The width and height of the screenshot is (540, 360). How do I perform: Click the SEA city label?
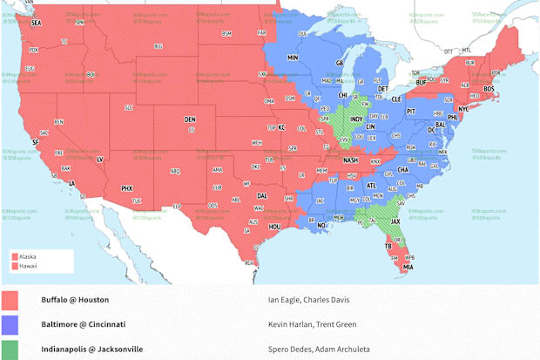click(36, 23)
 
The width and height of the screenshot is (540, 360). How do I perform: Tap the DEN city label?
click(190, 119)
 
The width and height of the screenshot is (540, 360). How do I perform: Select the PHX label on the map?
click(126, 187)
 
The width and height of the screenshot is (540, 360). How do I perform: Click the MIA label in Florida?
click(408, 267)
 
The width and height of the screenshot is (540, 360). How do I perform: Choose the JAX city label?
click(395, 221)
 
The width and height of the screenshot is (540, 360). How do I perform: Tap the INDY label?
click(357, 119)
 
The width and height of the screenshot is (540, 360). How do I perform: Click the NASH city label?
click(351, 160)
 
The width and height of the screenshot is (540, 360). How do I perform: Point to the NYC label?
click(462, 110)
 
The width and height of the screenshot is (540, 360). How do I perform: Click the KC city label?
click(281, 127)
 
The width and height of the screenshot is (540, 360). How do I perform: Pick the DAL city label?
click(262, 196)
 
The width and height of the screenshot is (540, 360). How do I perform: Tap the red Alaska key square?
click(14, 257)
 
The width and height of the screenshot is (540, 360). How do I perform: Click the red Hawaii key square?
click(14, 266)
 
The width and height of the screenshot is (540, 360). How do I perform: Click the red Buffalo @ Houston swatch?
click(11, 300)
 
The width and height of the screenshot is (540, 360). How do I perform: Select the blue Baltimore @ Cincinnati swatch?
click(11, 324)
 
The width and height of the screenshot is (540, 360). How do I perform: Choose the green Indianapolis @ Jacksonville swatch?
click(11, 349)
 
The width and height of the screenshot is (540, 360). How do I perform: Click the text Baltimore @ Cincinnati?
click(83, 324)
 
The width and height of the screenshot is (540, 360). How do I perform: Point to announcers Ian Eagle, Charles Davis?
click(308, 300)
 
